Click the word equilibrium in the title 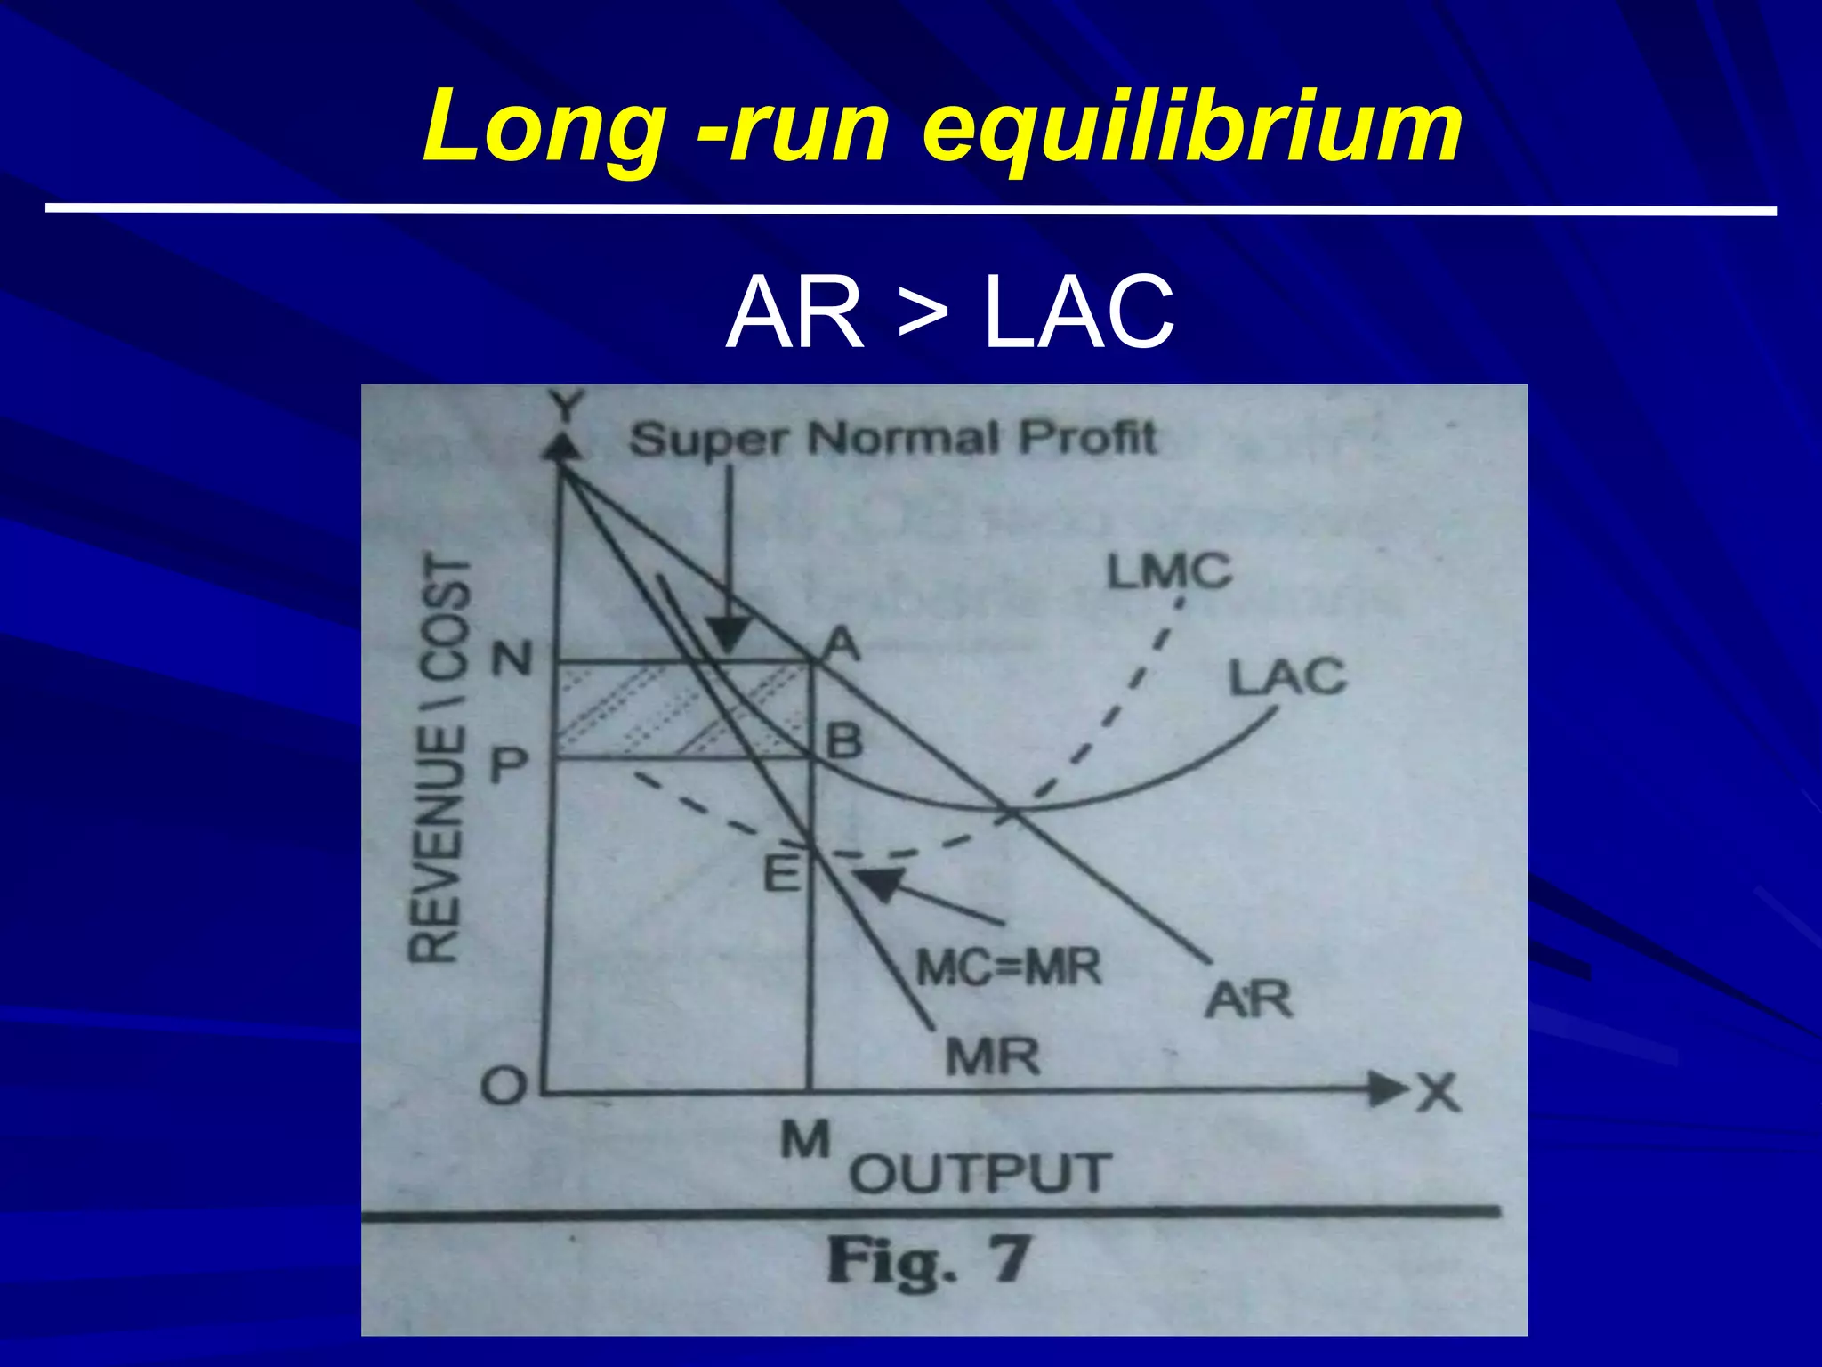coord(1192,129)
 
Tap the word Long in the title coord(544,129)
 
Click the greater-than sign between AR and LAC coord(923,314)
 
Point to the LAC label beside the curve coord(1286,677)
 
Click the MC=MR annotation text coord(1009,967)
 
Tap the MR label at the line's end coord(992,1058)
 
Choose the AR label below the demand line coord(1247,999)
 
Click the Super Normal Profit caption coord(892,439)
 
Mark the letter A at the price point coord(839,643)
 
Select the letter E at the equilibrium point coord(782,872)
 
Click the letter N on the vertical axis coord(512,659)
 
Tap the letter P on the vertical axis coord(510,764)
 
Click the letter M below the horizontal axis coord(806,1140)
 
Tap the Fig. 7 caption coord(928,1262)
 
